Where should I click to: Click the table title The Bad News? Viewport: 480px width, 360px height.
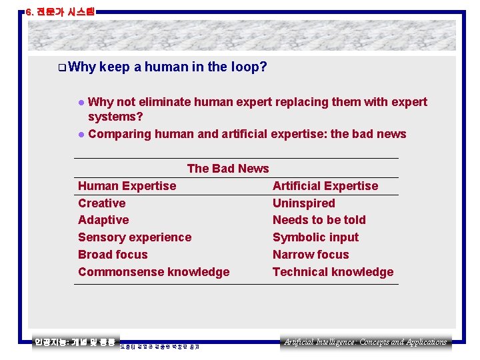pyautogui.click(x=228, y=169)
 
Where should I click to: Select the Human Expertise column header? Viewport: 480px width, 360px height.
pyautogui.click(x=127, y=186)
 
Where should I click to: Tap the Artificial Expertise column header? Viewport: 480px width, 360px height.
pyautogui.click(x=325, y=186)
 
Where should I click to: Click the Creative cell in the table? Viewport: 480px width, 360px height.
pyautogui.click(x=101, y=203)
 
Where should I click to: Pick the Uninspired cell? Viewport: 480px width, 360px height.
pyautogui.click(x=303, y=203)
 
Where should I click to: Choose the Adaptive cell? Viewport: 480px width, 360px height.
pyautogui.click(x=103, y=220)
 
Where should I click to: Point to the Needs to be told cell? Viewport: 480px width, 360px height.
pyautogui.click(x=319, y=220)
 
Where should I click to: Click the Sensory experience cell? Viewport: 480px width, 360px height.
pyautogui.click(x=135, y=237)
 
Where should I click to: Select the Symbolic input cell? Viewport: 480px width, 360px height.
pyautogui.click(x=315, y=237)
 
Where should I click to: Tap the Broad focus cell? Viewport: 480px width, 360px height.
pyautogui.click(x=113, y=255)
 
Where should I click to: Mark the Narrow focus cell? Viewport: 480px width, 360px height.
pyautogui.click(x=311, y=255)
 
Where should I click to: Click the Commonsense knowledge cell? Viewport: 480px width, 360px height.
pyautogui.click(x=153, y=272)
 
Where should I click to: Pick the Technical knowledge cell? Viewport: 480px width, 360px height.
pyautogui.click(x=333, y=272)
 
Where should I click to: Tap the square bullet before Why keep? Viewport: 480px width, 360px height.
pyautogui.click(x=61, y=67)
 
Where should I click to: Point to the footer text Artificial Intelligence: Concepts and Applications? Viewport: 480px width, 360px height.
pyautogui.click(x=365, y=342)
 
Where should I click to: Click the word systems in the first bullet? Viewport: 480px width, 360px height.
pyautogui.click(x=115, y=117)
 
